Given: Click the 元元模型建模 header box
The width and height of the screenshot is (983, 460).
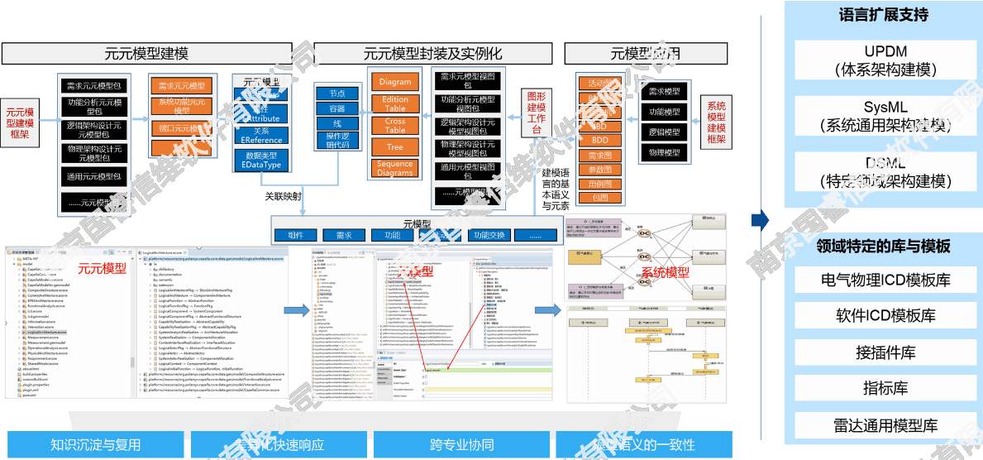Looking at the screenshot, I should (x=146, y=55).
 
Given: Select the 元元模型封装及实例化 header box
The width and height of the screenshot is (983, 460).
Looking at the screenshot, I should (x=432, y=55).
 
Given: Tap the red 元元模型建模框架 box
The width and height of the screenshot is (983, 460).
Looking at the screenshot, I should (x=21, y=123).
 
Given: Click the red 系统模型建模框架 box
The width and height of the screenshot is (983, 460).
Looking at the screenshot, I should (x=715, y=123).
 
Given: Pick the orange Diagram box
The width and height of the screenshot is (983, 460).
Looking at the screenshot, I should (x=395, y=83).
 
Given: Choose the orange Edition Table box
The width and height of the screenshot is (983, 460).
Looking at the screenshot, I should (x=395, y=104).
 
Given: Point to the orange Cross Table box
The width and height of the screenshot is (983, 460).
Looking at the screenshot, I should (x=395, y=126).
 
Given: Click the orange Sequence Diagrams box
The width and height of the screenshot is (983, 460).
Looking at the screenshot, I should (x=395, y=168).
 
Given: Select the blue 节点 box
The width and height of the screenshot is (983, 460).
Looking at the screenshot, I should (x=336, y=93).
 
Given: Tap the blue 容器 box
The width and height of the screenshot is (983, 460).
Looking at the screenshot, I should (x=336, y=108).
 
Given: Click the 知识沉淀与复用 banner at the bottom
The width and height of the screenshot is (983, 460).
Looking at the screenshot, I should (x=96, y=445).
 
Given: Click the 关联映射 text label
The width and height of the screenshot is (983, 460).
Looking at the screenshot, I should (x=283, y=197).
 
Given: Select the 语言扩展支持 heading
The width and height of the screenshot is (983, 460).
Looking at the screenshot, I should (x=883, y=15).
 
